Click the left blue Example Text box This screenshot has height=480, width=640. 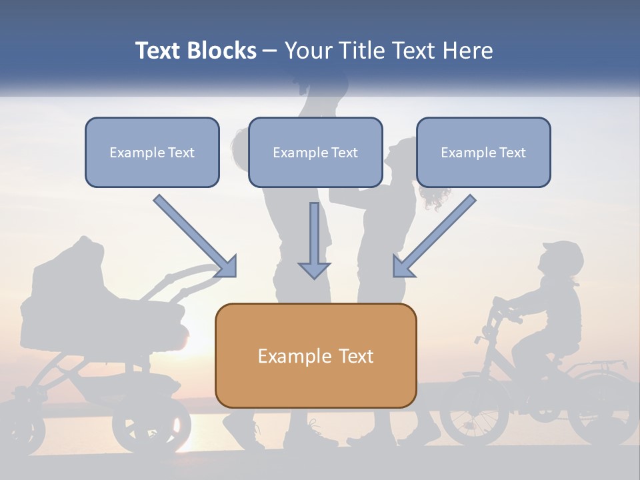coord(152,152)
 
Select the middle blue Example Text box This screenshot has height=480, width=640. coord(315,152)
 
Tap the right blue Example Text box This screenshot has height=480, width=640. coord(483,152)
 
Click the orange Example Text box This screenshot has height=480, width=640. coord(315,355)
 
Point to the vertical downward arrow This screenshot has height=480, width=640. coord(314,240)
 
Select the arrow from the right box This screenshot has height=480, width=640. coord(433,237)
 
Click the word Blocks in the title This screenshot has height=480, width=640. coord(223,51)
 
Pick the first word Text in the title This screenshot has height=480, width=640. coord(160,51)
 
